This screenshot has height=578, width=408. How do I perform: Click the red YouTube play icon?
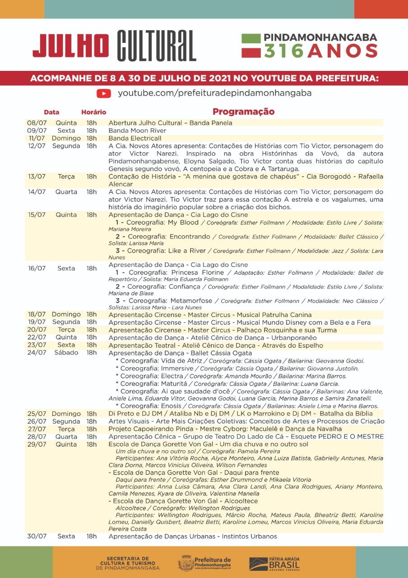[104, 93]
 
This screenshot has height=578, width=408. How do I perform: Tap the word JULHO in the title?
[70, 46]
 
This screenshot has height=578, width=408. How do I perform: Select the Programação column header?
[243, 112]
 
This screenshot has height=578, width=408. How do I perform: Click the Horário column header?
[93, 112]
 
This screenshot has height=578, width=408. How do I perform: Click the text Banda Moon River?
[137, 131]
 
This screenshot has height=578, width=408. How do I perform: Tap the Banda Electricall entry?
[135, 138]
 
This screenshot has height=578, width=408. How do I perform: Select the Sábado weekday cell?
[66, 353]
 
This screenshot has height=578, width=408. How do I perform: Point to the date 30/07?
[37, 536]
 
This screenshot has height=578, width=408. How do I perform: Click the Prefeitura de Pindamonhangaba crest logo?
[185, 563]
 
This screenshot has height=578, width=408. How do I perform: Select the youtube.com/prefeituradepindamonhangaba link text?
[214, 93]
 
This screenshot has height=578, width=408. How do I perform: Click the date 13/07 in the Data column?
[37, 177]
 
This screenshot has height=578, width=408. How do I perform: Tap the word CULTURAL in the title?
[156, 46]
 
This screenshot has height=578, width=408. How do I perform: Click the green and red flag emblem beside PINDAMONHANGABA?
[251, 46]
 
